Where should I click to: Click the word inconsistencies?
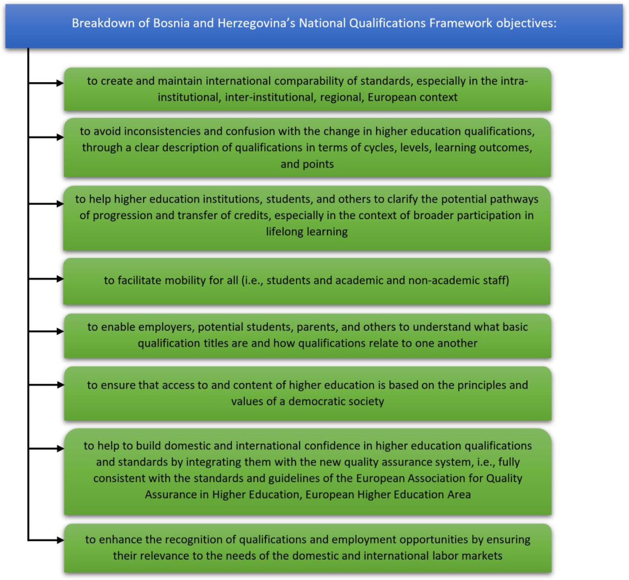(162, 131)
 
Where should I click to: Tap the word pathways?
(514, 199)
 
